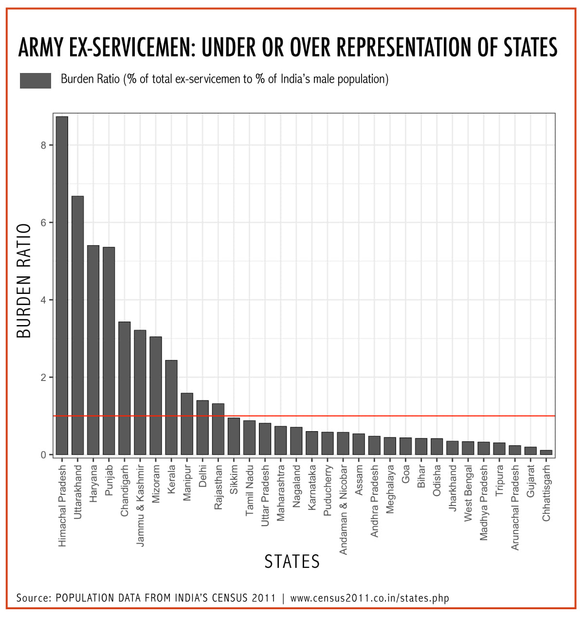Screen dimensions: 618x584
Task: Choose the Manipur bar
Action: pyautogui.click(x=187, y=424)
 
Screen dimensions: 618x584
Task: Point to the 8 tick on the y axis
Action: pyautogui.click(x=44, y=145)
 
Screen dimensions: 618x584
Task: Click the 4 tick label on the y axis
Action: pyautogui.click(x=44, y=300)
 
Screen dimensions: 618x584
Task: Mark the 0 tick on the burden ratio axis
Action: pyautogui.click(x=44, y=455)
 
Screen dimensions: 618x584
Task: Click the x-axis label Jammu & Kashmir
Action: pyautogui.click(x=140, y=506)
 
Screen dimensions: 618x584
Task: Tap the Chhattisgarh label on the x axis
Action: pyautogui.click(x=546, y=493)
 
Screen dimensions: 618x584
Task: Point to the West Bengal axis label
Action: pyautogui.click(x=468, y=493)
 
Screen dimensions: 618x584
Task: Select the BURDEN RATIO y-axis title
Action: pyautogui.click(x=24, y=281)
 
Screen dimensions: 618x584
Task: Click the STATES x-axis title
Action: pyautogui.click(x=292, y=562)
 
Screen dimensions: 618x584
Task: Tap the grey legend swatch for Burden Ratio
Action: pyautogui.click(x=36, y=80)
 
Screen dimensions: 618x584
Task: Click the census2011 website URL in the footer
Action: pyautogui.click(x=369, y=598)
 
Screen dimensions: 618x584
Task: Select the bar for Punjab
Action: pyautogui.click(x=109, y=351)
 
